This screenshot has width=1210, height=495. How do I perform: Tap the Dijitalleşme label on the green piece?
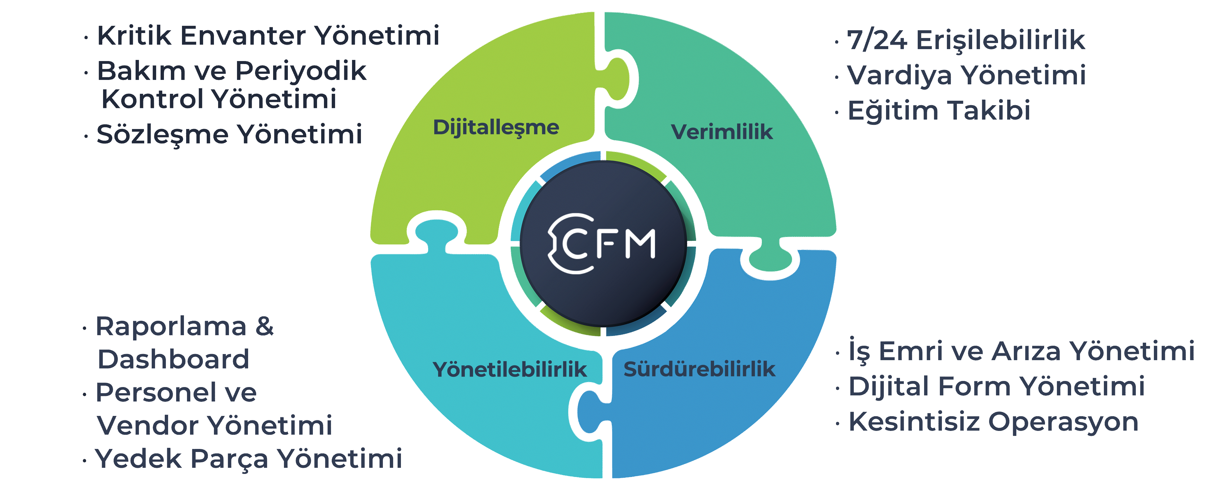coord(496,128)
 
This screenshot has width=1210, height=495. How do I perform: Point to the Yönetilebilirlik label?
coord(510,370)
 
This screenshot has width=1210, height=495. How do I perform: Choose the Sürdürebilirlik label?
coord(699,369)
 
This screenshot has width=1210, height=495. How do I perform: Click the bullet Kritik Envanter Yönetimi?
coord(268,36)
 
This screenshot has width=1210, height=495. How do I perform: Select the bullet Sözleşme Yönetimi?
coord(229,135)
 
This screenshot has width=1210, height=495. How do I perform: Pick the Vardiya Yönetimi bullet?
coord(966,75)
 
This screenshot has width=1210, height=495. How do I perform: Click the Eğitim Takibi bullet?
coord(939,111)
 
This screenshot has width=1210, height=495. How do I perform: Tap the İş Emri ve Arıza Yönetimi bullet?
coord(1021,351)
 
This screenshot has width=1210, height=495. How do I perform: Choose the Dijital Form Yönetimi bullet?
coord(996,387)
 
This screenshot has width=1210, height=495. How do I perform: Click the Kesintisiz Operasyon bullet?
coord(994,422)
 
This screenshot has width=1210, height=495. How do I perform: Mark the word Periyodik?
coord(301,71)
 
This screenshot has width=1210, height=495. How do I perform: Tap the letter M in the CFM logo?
coord(640,244)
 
